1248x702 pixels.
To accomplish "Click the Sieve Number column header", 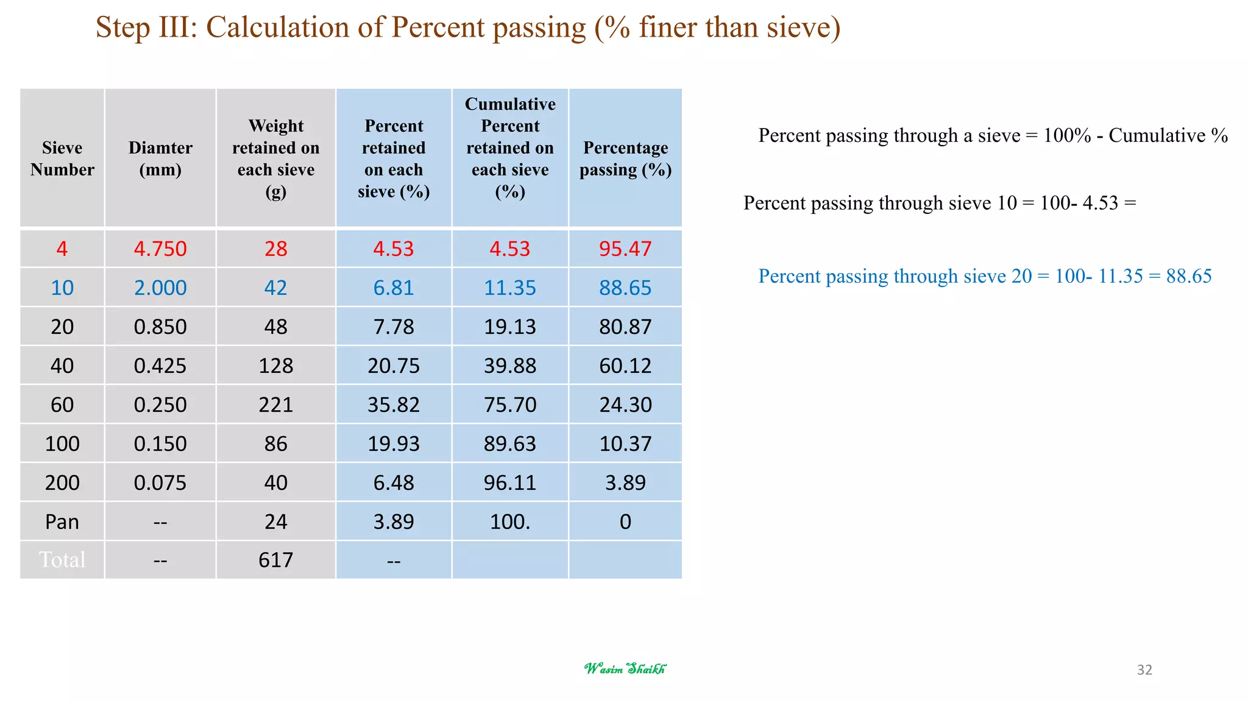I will coord(62,158).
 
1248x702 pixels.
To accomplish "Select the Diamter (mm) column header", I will coord(160,158).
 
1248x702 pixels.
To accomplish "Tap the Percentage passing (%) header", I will coord(625,158).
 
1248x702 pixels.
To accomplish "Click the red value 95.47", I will coord(625,249).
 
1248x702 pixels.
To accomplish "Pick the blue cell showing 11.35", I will coord(510,288).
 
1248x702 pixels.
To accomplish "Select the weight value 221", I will coord(276,405).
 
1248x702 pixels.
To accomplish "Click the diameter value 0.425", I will coord(160,366).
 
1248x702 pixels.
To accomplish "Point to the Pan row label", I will coord(62,522).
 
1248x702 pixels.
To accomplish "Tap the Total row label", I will coord(62,559).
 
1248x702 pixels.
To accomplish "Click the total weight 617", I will coord(276,559).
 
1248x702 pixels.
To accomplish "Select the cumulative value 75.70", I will coord(510,405).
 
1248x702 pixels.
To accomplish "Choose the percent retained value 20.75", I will coord(394,366).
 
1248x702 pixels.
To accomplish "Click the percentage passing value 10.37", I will coord(625,444).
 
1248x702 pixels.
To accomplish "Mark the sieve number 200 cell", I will coord(62,483).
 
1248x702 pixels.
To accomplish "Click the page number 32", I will coord(1144,670).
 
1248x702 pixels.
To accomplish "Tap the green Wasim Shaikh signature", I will coord(625,668).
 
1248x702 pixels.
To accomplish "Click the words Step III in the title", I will coord(146,27).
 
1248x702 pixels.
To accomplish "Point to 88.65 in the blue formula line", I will coord(1188,276).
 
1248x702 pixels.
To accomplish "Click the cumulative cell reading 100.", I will coord(510,522).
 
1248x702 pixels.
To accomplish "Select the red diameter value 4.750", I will coord(160,249).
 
